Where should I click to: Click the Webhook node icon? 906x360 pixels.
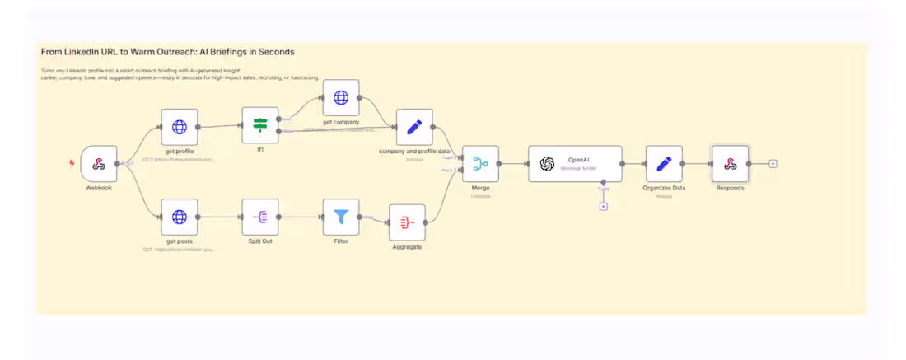tap(99, 164)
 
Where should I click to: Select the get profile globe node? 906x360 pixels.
tap(179, 127)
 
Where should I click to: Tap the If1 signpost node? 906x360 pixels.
tap(260, 125)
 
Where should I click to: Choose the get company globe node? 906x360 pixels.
tap(341, 98)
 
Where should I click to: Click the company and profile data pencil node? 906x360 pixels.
tap(414, 127)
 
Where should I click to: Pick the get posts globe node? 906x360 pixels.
tap(179, 217)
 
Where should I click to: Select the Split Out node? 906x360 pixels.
tap(260, 217)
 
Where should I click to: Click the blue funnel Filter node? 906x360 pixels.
tap(341, 217)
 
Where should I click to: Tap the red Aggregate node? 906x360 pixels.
tap(407, 222)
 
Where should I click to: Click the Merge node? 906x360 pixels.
tap(480, 164)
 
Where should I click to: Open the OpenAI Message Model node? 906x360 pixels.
tap(575, 164)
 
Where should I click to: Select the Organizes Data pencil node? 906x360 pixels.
tap(664, 164)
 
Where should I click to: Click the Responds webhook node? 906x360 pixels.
tap(730, 164)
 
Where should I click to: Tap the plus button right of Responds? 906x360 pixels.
tap(773, 164)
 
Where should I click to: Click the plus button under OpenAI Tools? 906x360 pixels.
tap(603, 206)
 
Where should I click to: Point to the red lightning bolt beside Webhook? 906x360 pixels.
tap(72, 163)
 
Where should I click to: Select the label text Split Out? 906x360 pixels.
tap(260, 241)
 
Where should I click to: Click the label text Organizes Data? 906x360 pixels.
tap(664, 188)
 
